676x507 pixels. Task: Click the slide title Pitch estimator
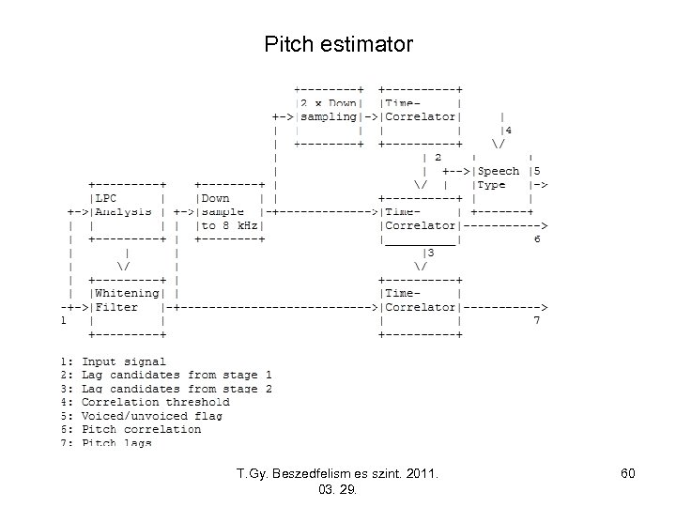pos(338,44)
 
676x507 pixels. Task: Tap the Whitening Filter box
pos(127,306)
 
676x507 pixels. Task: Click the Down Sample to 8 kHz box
pos(230,211)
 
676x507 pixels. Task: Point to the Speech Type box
pos(501,178)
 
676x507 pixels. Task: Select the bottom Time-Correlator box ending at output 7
pos(419,306)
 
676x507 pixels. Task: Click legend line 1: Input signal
pos(113,361)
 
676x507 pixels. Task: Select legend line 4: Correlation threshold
pos(145,402)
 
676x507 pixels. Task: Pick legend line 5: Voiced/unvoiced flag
pos(141,415)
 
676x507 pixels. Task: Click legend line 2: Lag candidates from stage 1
pos(165,375)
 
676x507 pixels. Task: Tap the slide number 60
pos(627,474)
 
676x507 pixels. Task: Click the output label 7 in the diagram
pos(537,320)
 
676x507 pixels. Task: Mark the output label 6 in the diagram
pos(537,239)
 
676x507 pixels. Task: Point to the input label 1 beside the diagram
pos(63,320)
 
